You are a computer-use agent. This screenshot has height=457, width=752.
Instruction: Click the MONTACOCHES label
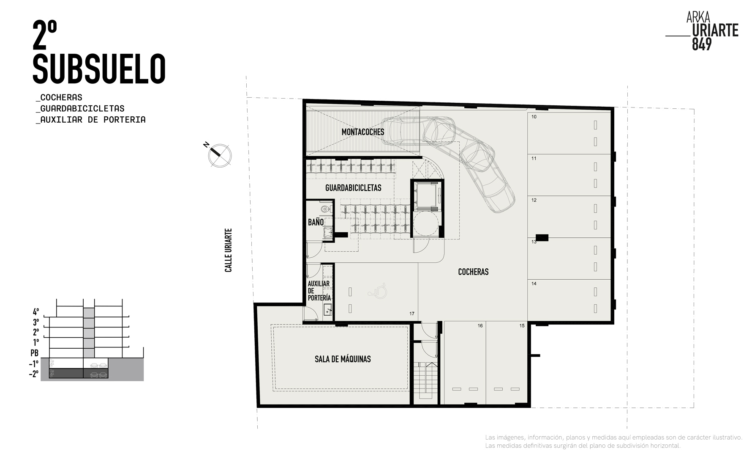click(363, 132)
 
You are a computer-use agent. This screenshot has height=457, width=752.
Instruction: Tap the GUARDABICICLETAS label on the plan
click(353, 187)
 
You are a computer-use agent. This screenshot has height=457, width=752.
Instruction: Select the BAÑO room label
click(316, 222)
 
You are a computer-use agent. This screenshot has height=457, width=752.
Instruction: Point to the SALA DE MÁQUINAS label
click(343, 359)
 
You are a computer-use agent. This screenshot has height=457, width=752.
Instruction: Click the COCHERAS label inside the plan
click(473, 272)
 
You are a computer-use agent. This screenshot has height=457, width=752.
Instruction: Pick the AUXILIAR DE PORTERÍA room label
click(319, 291)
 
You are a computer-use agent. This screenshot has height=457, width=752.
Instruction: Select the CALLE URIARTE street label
click(229, 250)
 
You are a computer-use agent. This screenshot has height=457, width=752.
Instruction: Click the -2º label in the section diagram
click(33, 374)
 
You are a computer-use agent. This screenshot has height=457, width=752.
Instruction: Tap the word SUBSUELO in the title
click(99, 69)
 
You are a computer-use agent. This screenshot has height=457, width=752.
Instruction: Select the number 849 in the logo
click(702, 44)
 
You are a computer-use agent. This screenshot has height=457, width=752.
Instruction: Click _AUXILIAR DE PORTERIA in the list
click(91, 120)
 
